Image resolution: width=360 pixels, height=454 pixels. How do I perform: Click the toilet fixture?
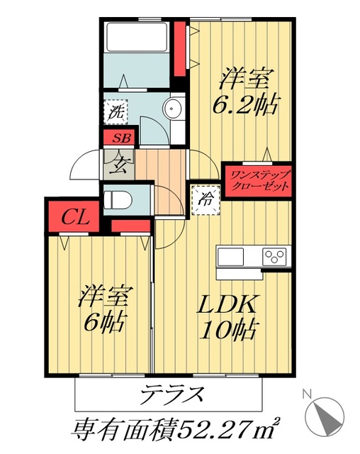tap(118, 199)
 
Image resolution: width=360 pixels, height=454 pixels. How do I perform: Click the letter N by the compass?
tap(306, 392)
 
